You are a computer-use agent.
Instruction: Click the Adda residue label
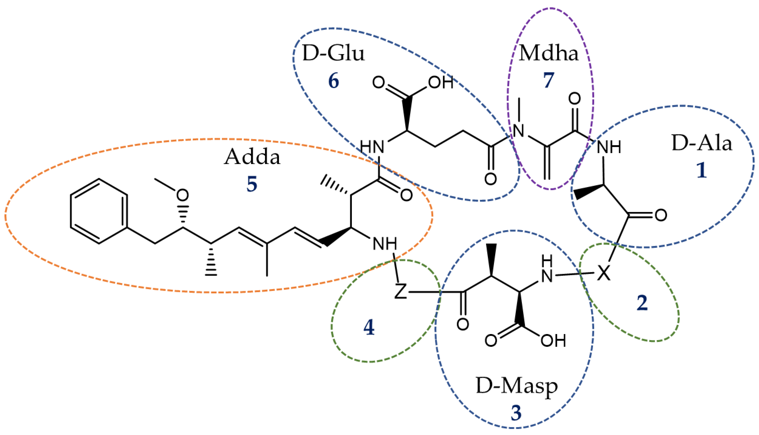click(252, 157)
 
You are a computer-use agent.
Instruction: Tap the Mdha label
click(548, 54)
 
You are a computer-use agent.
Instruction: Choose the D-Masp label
click(517, 387)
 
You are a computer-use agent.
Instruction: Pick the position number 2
click(642, 303)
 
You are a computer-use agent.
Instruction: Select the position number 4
click(369, 328)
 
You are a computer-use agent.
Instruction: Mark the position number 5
click(252, 184)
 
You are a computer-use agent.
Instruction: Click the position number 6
click(333, 81)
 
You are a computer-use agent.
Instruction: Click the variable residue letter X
click(604, 273)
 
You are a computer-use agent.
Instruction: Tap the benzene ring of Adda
click(99, 211)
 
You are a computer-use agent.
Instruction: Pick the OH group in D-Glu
click(441, 82)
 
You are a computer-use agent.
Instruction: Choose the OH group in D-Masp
click(553, 341)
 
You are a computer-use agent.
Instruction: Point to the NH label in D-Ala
click(608, 147)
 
